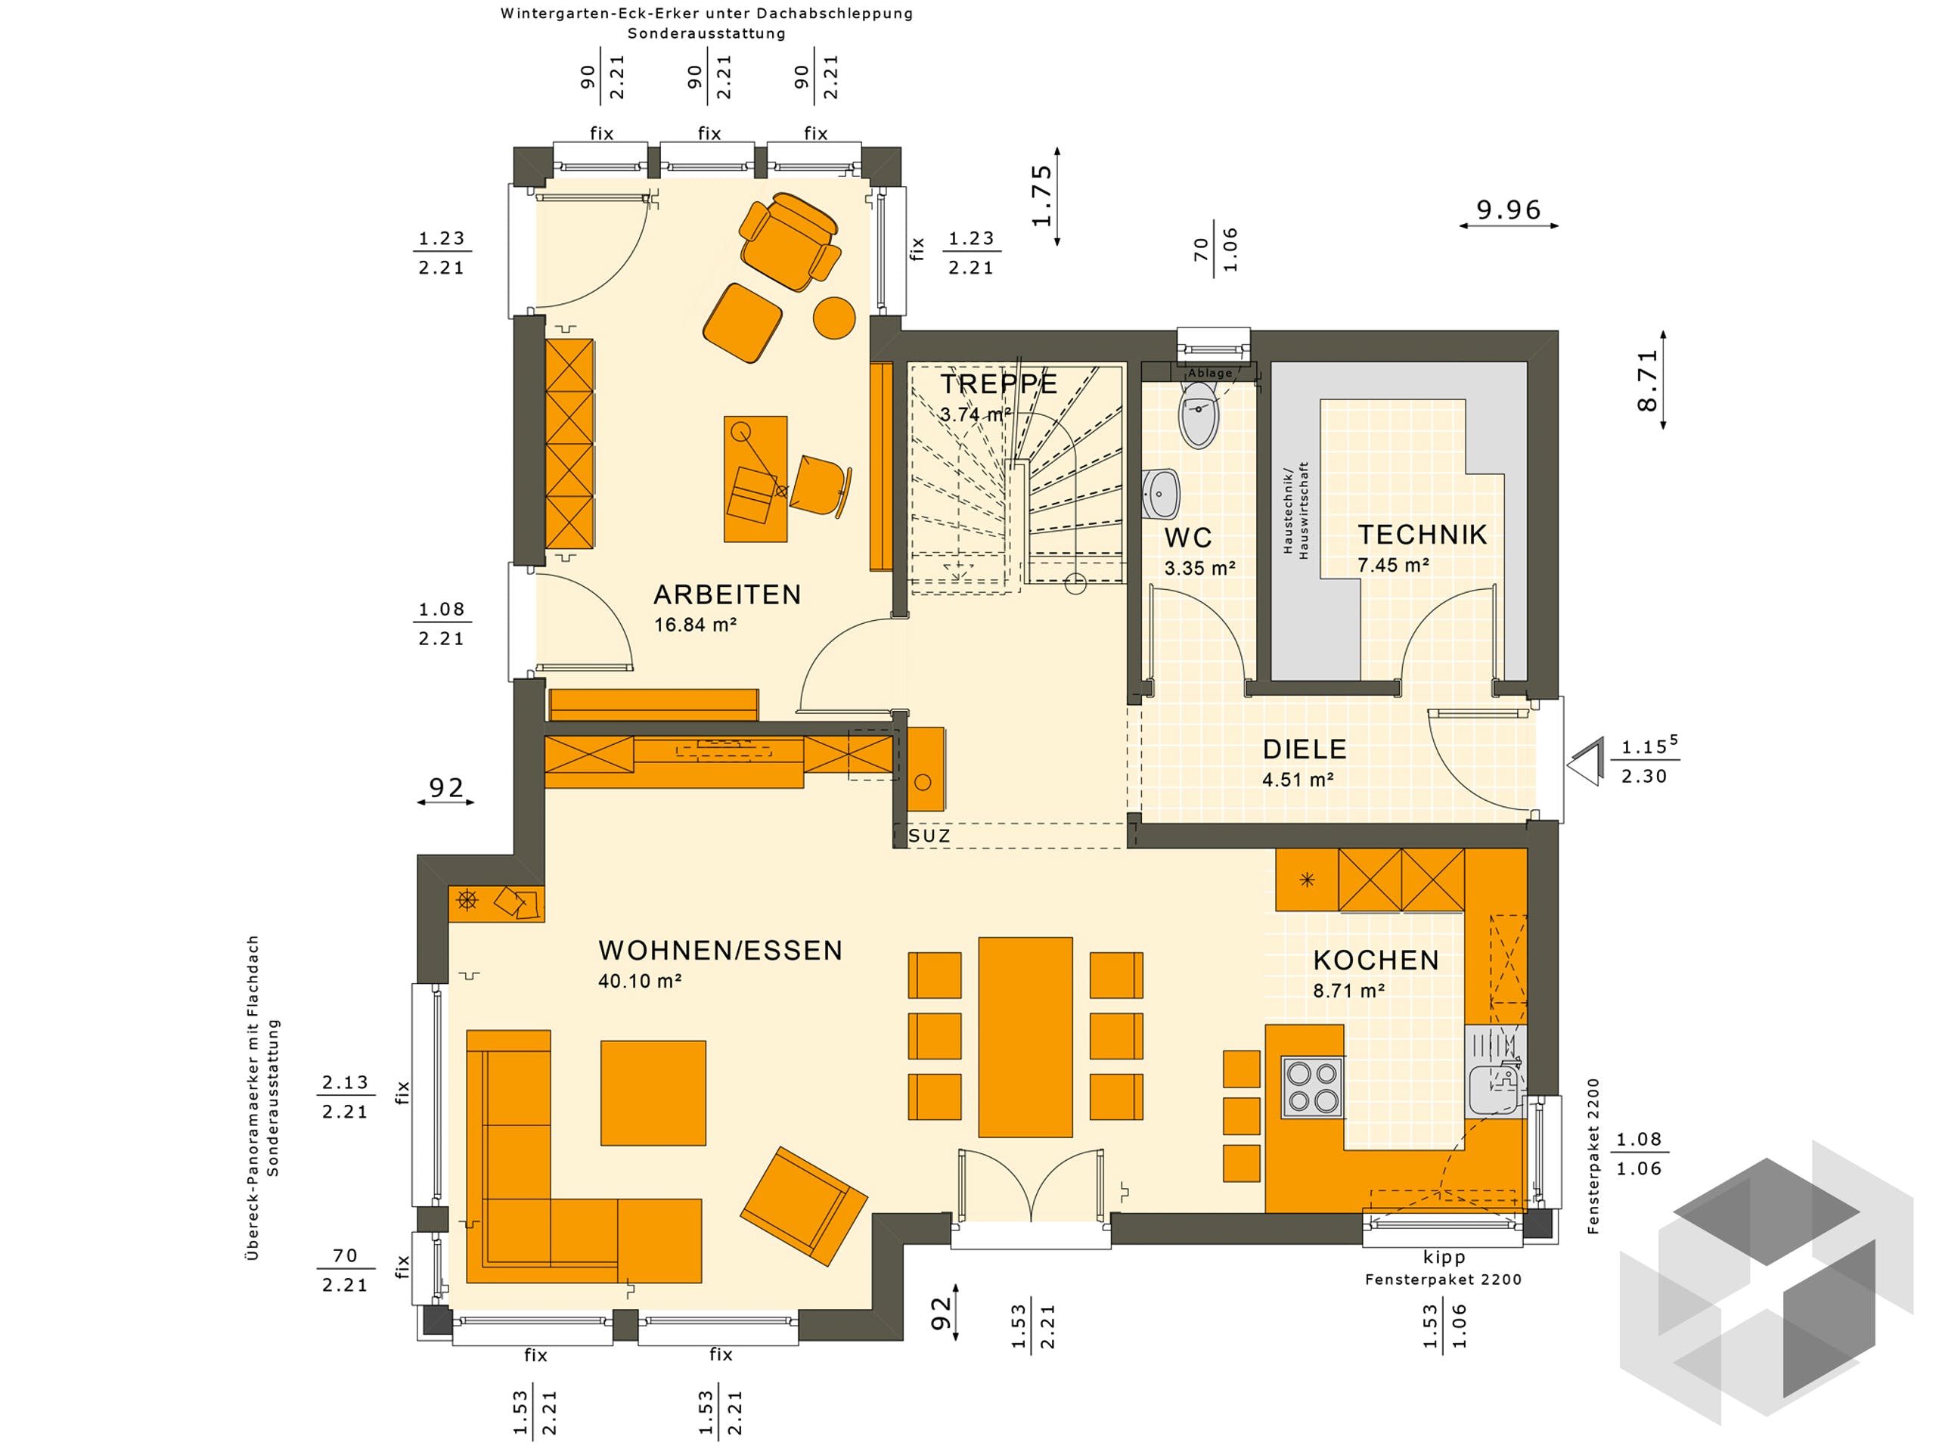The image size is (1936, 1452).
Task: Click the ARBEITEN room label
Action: point(727,595)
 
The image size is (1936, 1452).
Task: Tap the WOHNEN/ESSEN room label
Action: point(719,951)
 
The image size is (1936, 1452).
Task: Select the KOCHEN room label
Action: point(1376,960)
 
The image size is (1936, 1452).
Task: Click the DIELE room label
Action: point(1304,749)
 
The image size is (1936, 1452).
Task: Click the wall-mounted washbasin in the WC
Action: point(1161,495)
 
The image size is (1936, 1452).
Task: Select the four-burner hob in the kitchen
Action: point(1312,1087)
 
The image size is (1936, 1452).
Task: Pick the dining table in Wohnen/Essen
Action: point(1025,1036)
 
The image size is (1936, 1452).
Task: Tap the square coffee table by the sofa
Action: point(653,1092)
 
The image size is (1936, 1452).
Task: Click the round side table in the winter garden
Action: point(833,318)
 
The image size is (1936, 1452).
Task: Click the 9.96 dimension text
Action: point(1508,210)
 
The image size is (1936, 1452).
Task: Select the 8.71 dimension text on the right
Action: point(1647,380)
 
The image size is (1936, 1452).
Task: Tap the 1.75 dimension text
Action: point(1041,196)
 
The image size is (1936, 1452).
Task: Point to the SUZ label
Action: point(929,836)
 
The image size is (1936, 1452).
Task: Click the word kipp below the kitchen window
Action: point(1443,1258)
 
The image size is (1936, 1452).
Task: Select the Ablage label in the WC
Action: point(1209,373)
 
